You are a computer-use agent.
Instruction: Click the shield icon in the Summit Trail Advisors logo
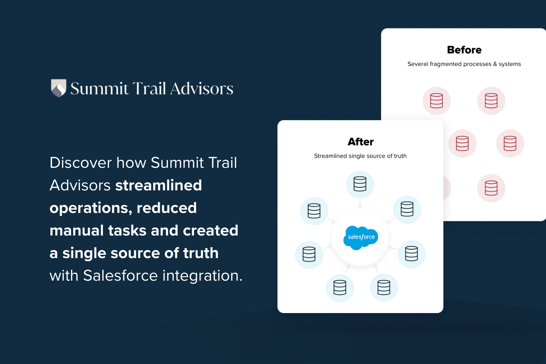[x=58, y=88]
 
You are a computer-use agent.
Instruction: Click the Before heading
[x=464, y=50]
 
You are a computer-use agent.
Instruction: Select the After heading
[x=360, y=142]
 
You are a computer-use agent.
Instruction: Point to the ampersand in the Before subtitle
[x=495, y=64]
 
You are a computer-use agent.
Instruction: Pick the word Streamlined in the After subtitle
[x=330, y=156]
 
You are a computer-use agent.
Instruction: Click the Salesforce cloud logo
[x=361, y=237]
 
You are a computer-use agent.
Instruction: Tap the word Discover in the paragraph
[x=80, y=163]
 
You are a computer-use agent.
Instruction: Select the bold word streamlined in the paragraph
[x=158, y=185]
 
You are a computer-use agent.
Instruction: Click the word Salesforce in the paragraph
[x=120, y=276]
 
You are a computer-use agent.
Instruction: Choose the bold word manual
[x=76, y=230]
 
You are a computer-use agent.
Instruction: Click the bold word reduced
[x=167, y=208]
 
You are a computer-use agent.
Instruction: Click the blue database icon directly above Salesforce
[x=360, y=184]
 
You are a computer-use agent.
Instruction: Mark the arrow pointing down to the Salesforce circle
[x=360, y=204]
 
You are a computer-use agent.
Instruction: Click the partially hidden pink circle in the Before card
[x=447, y=188]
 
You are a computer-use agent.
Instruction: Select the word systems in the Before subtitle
[x=510, y=64]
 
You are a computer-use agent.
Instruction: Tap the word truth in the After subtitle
[x=400, y=156]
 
